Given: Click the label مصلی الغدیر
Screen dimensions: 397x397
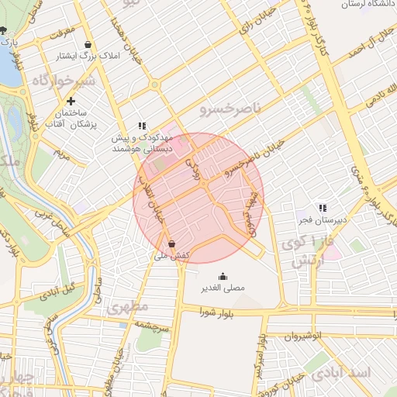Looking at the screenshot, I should point(223,288).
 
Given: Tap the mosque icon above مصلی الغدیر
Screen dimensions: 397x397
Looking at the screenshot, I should point(223,276).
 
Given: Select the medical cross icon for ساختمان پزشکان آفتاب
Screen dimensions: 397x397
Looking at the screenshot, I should point(71,101).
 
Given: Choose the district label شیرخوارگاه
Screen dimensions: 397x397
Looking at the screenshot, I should point(64,80).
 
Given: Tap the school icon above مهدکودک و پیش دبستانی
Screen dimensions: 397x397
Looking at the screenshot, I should point(142,125).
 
